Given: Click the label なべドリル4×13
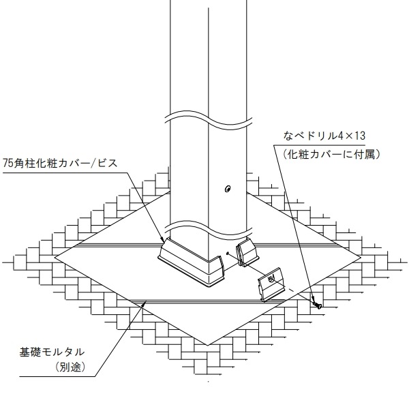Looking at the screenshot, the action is pos(324,136).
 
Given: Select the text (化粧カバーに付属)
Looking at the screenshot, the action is pos(331,155).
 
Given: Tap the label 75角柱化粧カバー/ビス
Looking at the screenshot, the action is pos(60,164).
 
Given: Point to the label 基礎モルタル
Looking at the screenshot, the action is pos(52,352).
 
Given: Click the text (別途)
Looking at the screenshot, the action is pos(70,367).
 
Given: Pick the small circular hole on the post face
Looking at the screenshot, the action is pos(228,189).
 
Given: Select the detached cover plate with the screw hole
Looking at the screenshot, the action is pos(271,284).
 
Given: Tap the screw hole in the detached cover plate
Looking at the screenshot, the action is pos(271,279).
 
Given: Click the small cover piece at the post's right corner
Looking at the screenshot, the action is pos(247,253).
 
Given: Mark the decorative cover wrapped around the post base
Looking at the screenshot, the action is pos(191,263).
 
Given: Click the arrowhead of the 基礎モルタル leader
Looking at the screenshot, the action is pos(145,303).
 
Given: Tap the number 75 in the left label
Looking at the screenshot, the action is pos(7,164).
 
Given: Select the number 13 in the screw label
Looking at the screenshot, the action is pos(359,136).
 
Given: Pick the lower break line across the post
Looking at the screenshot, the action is pos(209,229).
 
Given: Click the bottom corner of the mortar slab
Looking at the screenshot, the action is pos(208,345).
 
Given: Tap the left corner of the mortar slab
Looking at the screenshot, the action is pos(55,258).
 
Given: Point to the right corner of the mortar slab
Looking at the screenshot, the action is pos(361,258).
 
